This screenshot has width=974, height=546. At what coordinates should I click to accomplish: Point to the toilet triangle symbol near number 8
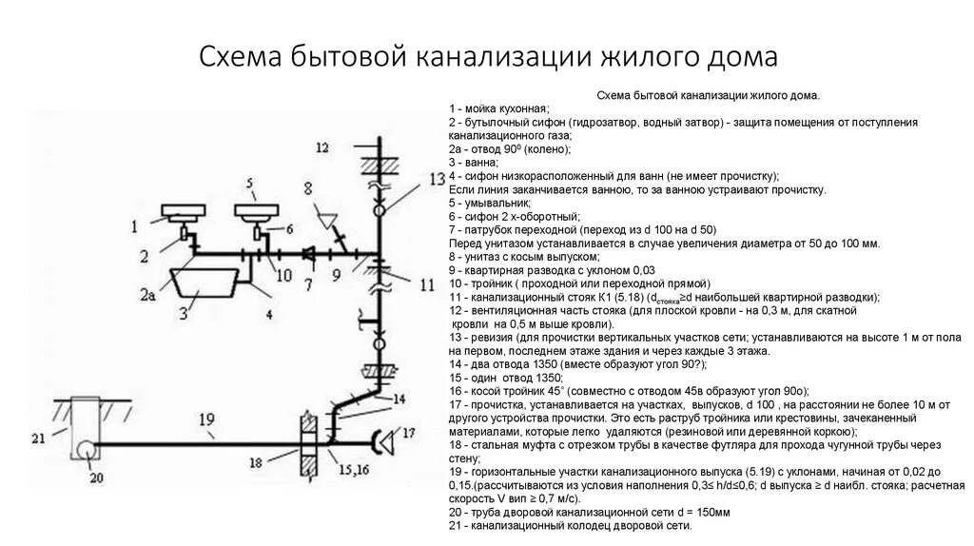coord(328,221)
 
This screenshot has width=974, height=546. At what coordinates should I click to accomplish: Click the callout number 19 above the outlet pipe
coord(206,419)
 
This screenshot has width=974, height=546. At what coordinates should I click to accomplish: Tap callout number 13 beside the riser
coord(437,178)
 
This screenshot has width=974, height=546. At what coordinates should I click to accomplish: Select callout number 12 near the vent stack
coord(322,146)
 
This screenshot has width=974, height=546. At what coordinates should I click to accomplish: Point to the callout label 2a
coord(146,296)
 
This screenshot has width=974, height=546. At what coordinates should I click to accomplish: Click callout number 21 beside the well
coord(37,438)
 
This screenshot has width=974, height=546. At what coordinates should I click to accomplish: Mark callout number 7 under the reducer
coord(308,284)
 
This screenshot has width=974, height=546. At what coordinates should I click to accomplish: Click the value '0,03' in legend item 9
coord(642,270)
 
